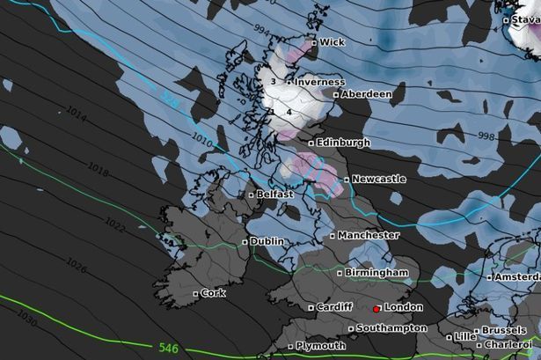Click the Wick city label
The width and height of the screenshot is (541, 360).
coord(332,42)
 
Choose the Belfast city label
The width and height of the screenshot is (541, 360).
coord(274,195)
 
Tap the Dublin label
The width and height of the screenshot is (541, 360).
coord(267,241)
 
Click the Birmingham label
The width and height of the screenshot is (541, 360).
coord(377,273)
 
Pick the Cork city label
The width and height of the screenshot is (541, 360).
coord(213,293)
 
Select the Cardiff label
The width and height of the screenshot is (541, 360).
coord(334,307)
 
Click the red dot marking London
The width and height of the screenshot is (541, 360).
coord(377,309)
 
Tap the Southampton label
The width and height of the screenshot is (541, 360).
coord(391,328)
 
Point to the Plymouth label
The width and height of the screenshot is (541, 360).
coord(320,346)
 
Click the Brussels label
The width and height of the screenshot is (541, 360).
coord(504,330)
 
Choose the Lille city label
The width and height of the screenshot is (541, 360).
coord(465,337)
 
